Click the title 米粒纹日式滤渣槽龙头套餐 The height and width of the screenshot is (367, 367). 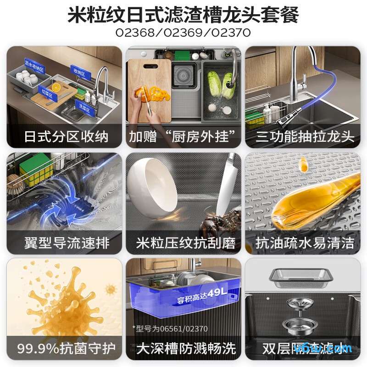click(x=183, y=15)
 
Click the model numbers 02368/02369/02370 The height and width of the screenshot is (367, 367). click(x=183, y=34)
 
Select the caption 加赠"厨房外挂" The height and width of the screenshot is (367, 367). click(x=184, y=136)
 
